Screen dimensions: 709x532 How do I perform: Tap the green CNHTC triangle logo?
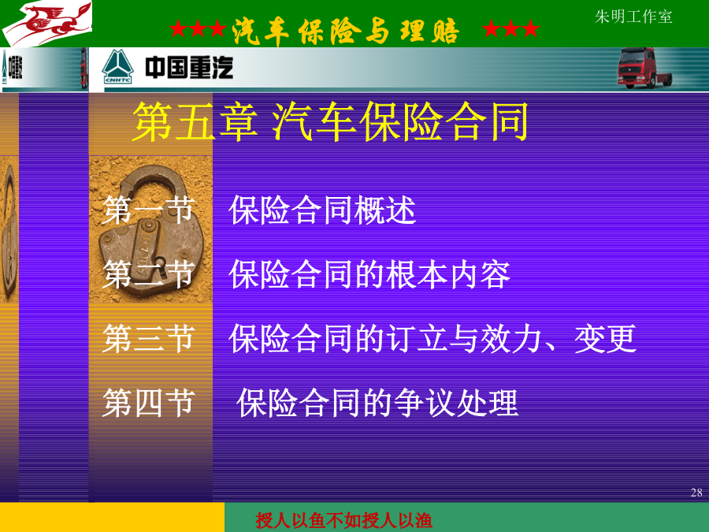117,67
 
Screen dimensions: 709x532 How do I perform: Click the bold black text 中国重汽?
189,68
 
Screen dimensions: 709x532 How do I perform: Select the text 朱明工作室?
633,17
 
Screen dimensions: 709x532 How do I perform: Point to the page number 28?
696,492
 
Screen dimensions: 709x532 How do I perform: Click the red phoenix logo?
47,23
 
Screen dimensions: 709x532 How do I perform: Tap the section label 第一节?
149,210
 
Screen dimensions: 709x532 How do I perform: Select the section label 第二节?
149,274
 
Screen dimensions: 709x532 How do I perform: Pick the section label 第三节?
149,338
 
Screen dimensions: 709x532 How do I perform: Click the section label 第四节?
149,403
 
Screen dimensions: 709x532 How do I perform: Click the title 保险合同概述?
322,210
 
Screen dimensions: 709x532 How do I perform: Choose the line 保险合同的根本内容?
369,274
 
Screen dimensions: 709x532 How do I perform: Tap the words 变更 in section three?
605,338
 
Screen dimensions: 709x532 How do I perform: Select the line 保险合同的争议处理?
377,403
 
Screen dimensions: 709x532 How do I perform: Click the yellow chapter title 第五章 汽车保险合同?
331,121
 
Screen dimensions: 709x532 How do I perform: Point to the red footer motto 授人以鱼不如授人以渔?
343,520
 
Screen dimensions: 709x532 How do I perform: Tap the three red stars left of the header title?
198,29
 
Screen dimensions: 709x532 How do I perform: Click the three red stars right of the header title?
510,29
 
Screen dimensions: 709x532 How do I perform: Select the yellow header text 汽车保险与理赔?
346,31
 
